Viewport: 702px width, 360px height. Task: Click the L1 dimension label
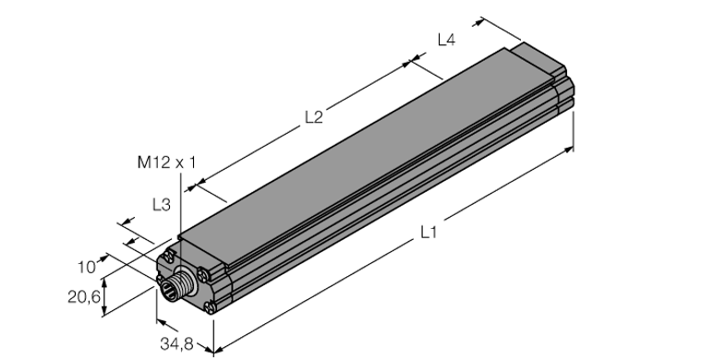point(428,233)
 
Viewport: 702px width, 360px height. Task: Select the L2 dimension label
point(314,117)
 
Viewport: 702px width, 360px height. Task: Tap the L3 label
point(160,205)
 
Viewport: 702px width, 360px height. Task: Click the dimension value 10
point(86,267)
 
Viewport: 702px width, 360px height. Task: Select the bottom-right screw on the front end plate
point(212,307)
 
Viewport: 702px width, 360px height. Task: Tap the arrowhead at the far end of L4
point(479,19)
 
